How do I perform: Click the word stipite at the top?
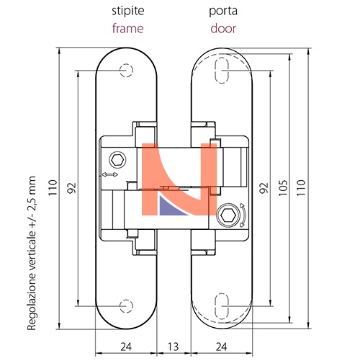128,12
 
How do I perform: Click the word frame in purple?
127,28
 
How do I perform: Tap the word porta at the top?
223,12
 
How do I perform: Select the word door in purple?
223,28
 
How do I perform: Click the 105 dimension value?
283,187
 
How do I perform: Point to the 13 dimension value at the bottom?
174,347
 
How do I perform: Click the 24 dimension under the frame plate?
126,347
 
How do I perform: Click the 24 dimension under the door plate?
221,347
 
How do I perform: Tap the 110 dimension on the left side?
53,187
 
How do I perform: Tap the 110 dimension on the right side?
301,187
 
